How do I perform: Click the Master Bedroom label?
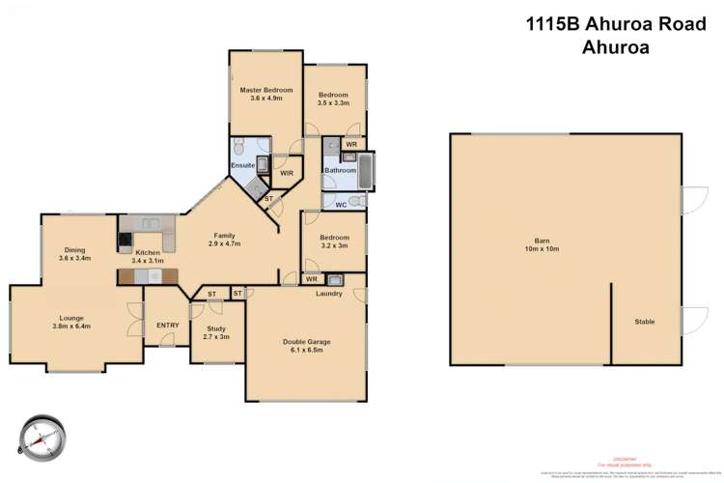point(265,94)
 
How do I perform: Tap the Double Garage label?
point(308,346)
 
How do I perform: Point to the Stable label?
point(645,322)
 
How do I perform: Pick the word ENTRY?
point(167,325)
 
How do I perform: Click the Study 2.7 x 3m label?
point(216,333)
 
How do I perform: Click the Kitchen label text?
point(148,257)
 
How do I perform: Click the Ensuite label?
point(243,165)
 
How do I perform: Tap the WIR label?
point(287,174)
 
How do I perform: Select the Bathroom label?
point(340,171)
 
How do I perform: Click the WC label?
point(341,204)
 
